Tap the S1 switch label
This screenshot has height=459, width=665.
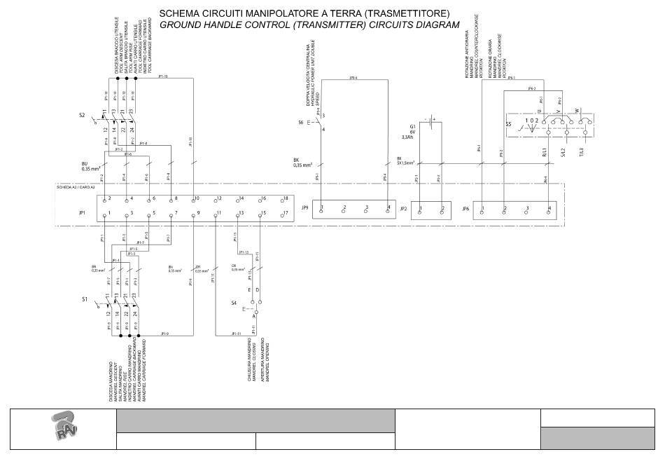click(85, 299)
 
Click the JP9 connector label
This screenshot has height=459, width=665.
click(304, 209)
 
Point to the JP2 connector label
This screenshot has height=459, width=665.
click(403, 209)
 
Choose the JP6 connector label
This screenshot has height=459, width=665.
click(466, 209)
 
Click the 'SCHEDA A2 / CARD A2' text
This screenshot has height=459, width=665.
click(76, 188)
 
